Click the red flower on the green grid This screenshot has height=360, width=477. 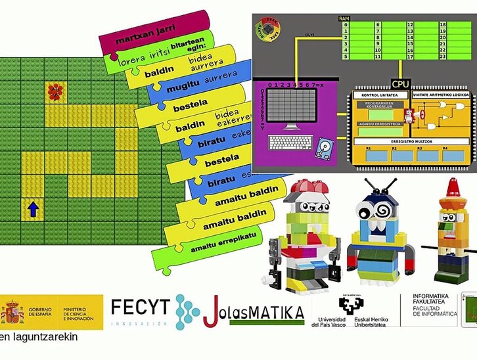55,91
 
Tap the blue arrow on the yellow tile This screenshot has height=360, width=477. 33,210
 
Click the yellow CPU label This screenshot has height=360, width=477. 400,84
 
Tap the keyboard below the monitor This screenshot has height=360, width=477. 290,142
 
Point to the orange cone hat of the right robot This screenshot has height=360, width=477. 453,187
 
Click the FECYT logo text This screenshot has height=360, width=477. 140,307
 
